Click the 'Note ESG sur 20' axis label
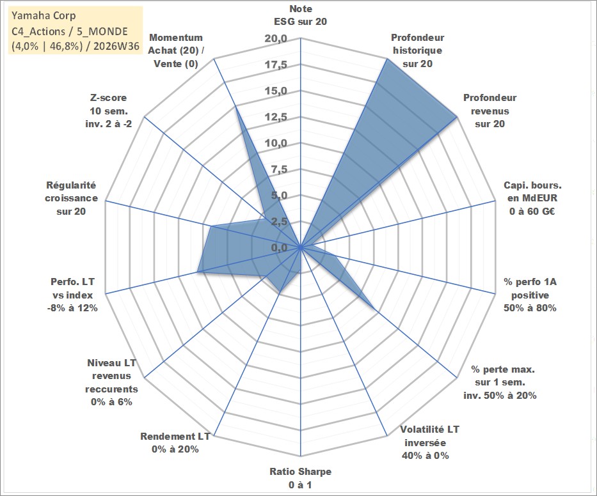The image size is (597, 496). point(300,15)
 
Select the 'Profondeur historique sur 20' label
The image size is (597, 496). point(417,50)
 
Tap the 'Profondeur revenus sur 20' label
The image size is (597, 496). point(490,111)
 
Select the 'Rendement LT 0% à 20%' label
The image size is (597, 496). point(175,443)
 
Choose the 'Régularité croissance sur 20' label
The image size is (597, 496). point(71,198)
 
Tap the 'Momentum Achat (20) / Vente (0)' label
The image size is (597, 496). point(175,50)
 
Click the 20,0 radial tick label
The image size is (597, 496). point(276,38)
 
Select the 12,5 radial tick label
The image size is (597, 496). point(276,117)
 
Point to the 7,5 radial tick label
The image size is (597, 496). point(279,169)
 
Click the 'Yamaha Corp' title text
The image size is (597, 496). point(44,15)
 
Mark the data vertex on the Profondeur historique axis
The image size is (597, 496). point(387,59)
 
